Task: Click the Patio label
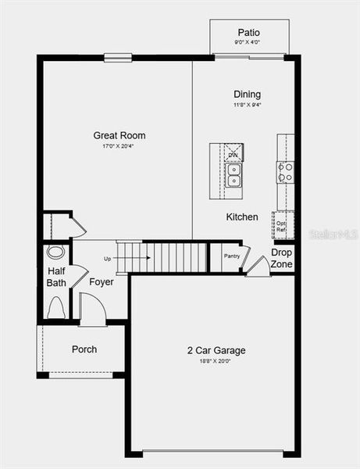coord(248,32)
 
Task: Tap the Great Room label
coord(119,135)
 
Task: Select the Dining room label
coord(247,95)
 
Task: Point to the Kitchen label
coord(242,217)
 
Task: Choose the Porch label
coord(84,349)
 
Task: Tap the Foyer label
coord(102,281)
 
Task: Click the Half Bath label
coord(56,277)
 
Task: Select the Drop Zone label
coord(282,259)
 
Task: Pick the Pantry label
coord(232,256)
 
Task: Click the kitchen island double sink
coord(233,174)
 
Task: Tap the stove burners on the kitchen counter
coord(286,172)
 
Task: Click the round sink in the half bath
coord(55,252)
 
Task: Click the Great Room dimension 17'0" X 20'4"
coord(119,145)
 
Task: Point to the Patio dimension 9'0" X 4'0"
coord(248,42)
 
